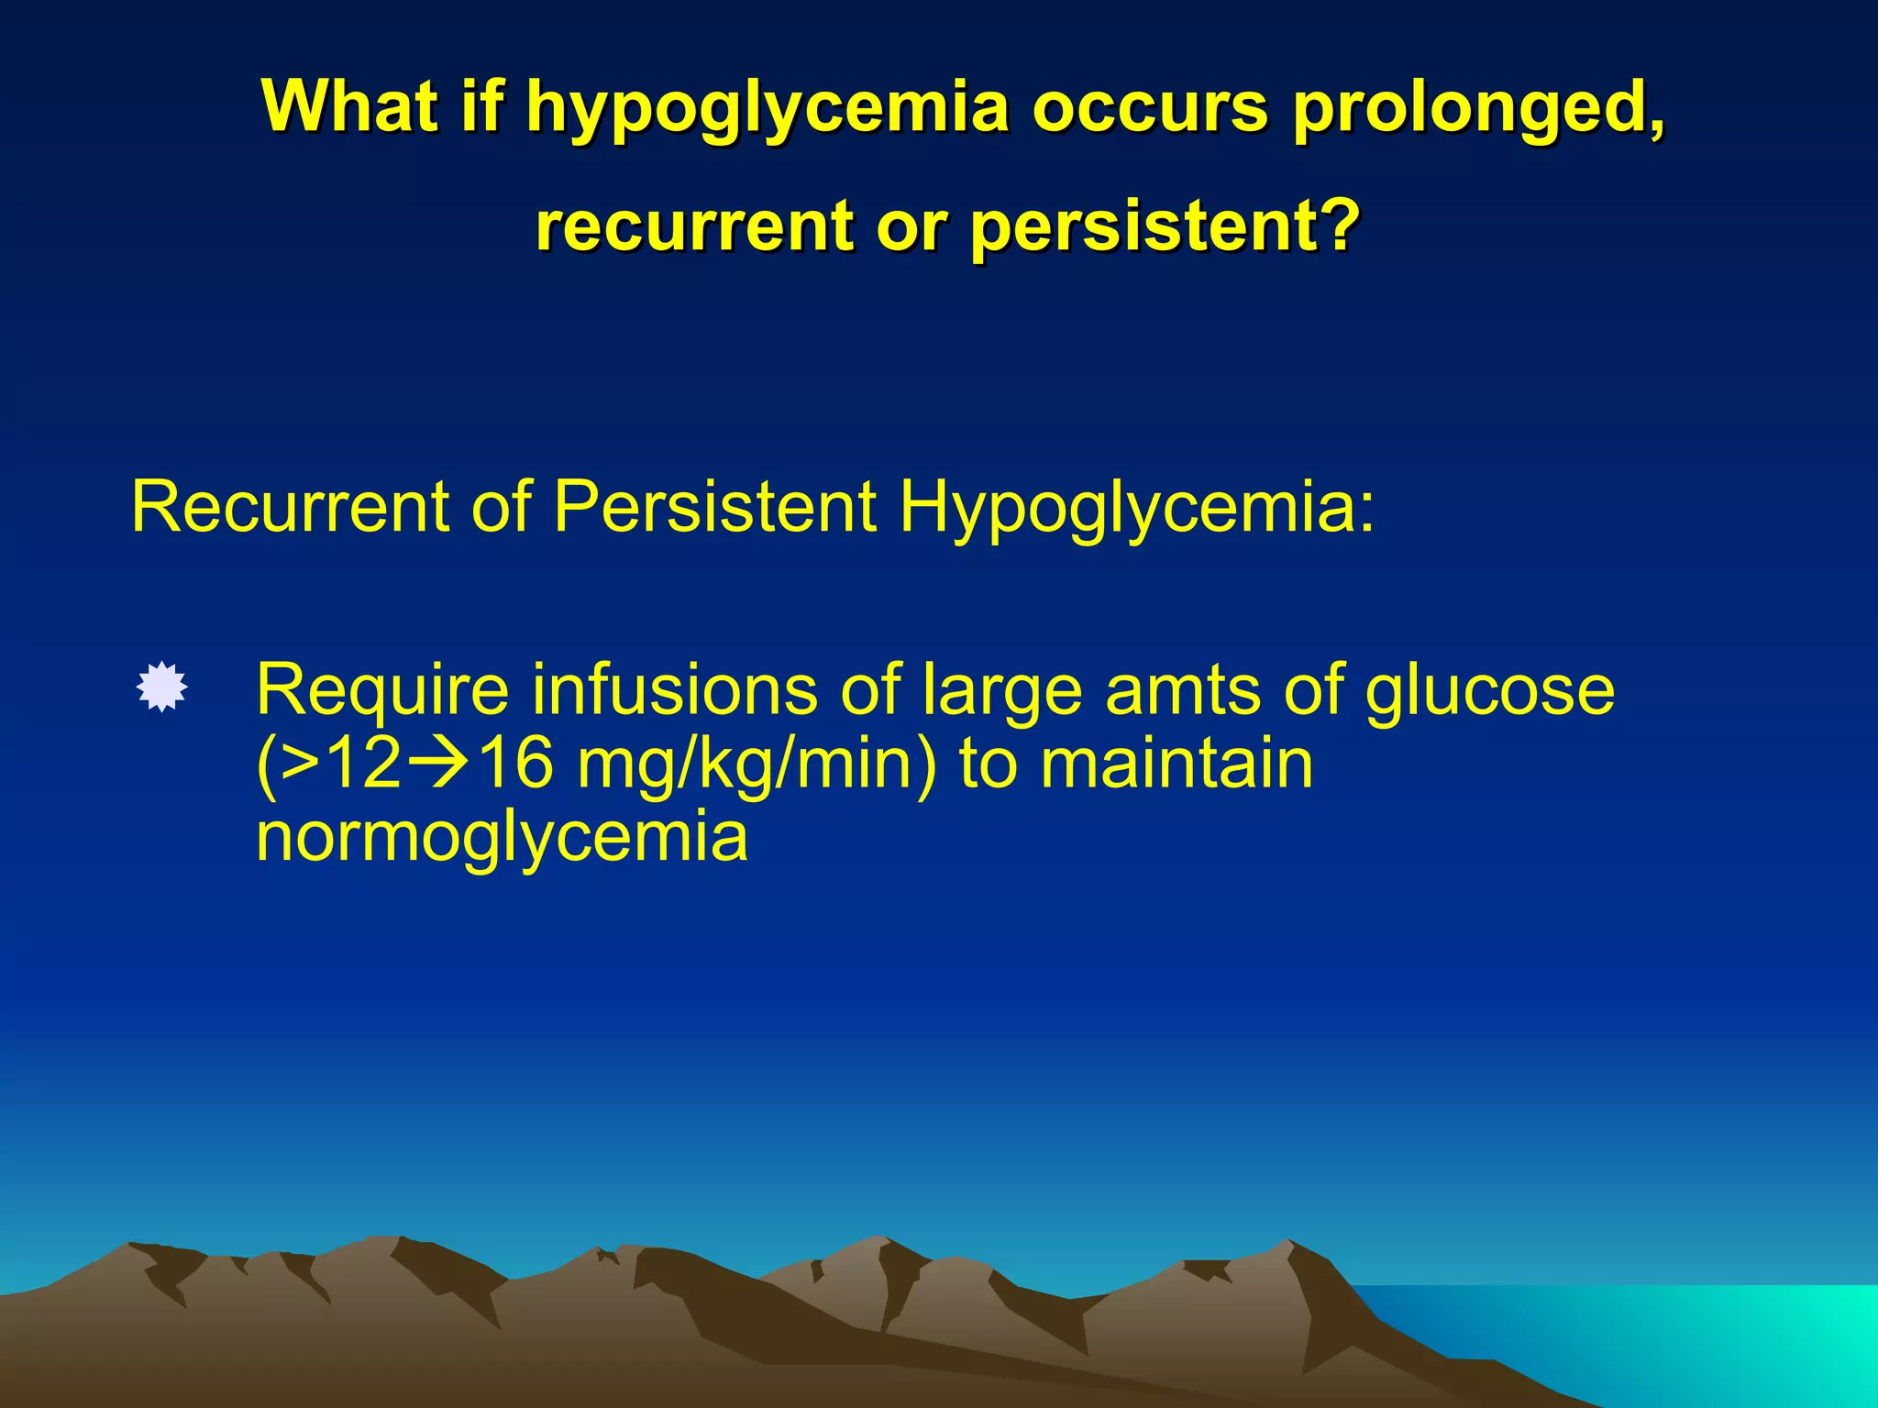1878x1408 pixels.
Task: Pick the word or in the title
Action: (908, 227)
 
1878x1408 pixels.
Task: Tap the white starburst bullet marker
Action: (162, 687)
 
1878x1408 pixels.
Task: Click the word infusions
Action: (674, 689)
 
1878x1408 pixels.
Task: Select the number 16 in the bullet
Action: (515, 764)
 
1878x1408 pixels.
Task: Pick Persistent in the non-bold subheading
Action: (715, 506)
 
